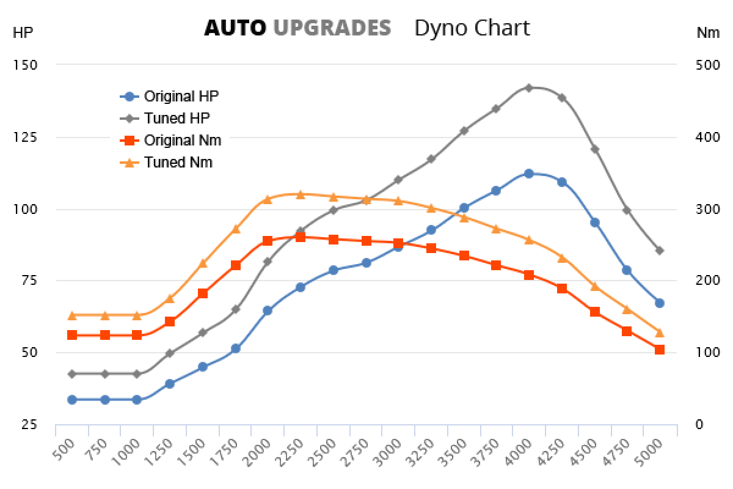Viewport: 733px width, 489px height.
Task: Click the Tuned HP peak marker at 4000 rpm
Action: coord(529,88)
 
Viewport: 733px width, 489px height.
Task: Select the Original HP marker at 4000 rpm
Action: coord(529,174)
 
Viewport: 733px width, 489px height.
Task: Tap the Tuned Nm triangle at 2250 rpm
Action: coord(300,194)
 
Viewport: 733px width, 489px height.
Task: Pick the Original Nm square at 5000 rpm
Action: coord(660,350)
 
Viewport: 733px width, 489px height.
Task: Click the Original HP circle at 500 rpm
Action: coord(71,400)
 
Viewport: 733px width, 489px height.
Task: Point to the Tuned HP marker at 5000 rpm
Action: coord(660,251)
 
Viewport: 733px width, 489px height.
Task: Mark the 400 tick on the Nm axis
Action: coord(708,137)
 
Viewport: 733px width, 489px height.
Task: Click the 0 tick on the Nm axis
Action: coord(700,424)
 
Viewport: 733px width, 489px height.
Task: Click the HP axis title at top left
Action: coord(21,33)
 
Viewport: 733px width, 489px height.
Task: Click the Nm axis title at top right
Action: coord(708,33)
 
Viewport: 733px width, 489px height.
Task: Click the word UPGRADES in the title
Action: coord(332,28)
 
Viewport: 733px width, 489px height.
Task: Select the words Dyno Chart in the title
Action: coord(472,28)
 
